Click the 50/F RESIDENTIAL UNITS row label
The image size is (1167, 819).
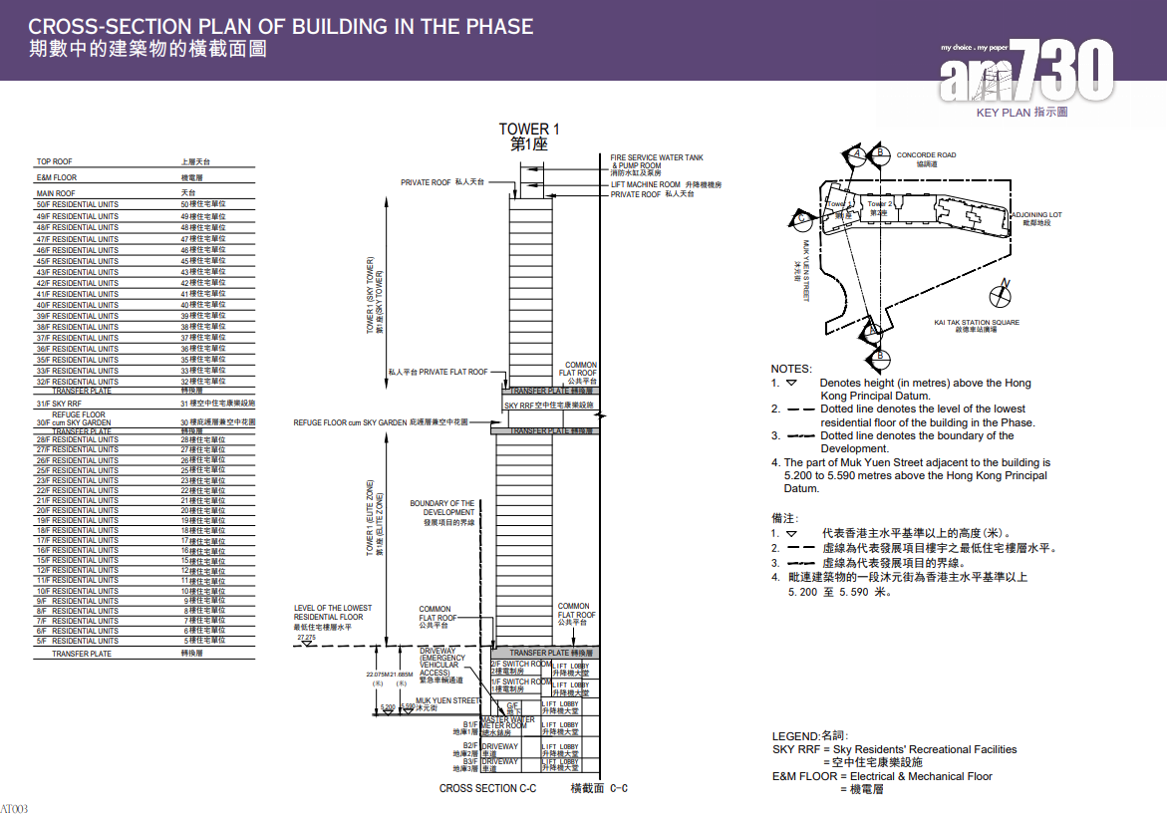(x=78, y=204)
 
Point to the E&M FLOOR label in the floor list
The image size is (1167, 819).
(x=57, y=178)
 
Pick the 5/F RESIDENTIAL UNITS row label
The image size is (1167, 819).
(x=78, y=641)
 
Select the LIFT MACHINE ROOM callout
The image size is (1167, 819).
(x=646, y=184)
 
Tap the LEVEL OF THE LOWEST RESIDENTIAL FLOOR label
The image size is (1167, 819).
(x=332, y=613)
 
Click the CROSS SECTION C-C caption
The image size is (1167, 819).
(x=487, y=788)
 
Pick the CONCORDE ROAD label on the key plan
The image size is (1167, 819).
(x=926, y=155)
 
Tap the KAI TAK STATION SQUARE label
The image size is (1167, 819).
(x=977, y=323)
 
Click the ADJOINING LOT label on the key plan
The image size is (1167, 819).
(x=1036, y=215)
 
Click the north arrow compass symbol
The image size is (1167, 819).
(x=1002, y=296)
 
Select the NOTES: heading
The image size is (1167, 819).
(x=791, y=369)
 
